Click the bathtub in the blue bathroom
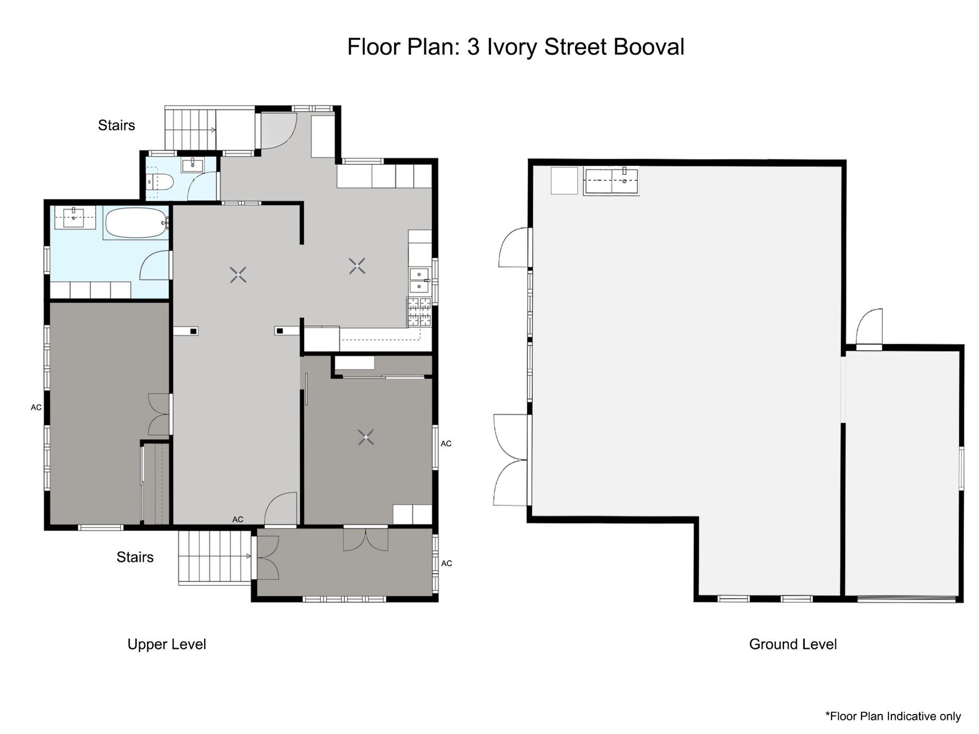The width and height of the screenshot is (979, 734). (136, 223)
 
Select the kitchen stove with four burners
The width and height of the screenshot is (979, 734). (419, 312)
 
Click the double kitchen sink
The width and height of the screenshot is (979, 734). (419, 280)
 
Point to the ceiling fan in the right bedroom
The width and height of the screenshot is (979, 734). (366, 438)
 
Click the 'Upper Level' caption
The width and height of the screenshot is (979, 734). (166, 644)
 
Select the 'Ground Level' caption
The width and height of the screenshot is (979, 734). (792, 644)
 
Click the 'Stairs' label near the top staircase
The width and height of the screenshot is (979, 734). (116, 125)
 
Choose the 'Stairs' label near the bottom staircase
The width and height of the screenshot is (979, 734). (135, 557)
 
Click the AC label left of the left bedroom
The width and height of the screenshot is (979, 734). (36, 407)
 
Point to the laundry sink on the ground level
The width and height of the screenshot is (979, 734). (611, 181)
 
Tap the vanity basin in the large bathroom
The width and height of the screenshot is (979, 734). (75, 217)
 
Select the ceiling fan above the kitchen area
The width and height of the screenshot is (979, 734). (357, 266)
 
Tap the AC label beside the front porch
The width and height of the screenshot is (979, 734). (446, 564)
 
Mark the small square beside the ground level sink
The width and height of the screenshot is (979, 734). (564, 181)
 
